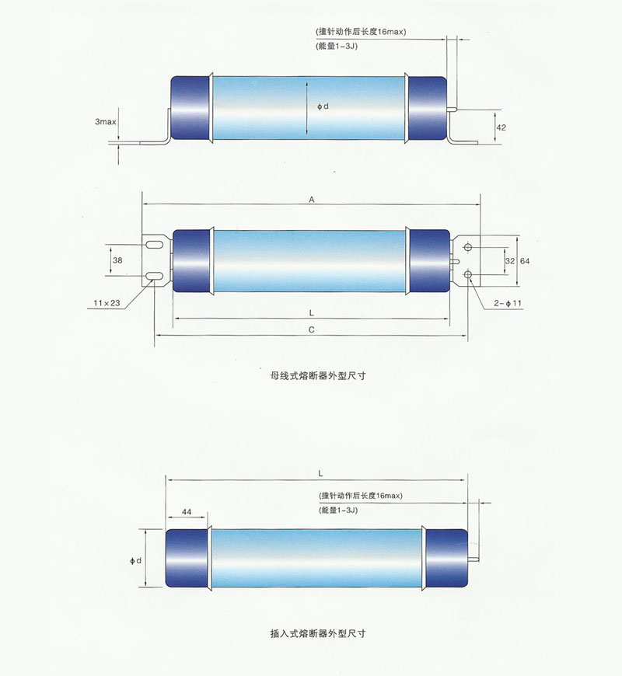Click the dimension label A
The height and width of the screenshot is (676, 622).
(311, 200)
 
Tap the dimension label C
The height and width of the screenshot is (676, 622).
(311, 329)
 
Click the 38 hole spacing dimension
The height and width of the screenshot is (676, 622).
(117, 260)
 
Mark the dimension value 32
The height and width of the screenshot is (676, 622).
(509, 261)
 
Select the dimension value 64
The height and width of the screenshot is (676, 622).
(525, 261)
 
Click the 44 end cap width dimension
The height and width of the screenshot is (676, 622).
(187, 513)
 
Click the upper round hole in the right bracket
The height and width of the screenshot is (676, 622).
(468, 247)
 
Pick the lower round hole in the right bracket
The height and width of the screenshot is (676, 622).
(468, 274)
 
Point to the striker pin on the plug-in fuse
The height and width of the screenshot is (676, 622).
(475, 558)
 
